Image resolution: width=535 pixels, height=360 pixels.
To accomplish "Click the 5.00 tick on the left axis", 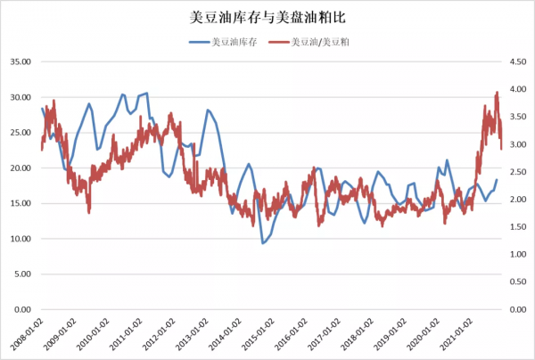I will [21, 274].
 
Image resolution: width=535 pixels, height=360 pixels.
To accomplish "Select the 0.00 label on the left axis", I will [21, 310].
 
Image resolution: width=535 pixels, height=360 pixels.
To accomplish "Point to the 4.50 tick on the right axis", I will [517, 61].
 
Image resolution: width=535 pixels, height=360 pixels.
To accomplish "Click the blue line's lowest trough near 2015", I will [263, 243].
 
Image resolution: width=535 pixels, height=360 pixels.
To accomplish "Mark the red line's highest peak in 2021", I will [497, 92].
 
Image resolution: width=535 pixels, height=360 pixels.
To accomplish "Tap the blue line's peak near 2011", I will [146, 93].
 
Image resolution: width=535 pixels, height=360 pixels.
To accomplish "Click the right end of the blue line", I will [498, 180].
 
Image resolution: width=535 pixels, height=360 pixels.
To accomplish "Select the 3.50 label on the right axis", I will [517, 117].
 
